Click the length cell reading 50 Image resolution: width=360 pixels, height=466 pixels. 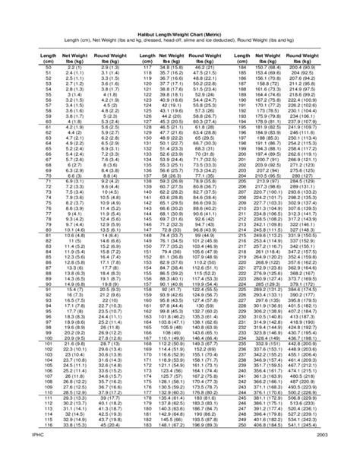pyautogui.click(x=48, y=68)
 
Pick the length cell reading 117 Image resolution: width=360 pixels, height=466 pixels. pyautogui.click(x=147, y=68)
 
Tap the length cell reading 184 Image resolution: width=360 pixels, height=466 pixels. pyautogui.click(x=243, y=68)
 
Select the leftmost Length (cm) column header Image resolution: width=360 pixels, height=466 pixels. pyautogui.click(x=48, y=58)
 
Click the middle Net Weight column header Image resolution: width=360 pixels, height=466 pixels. pyautogui.click(x=174, y=58)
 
